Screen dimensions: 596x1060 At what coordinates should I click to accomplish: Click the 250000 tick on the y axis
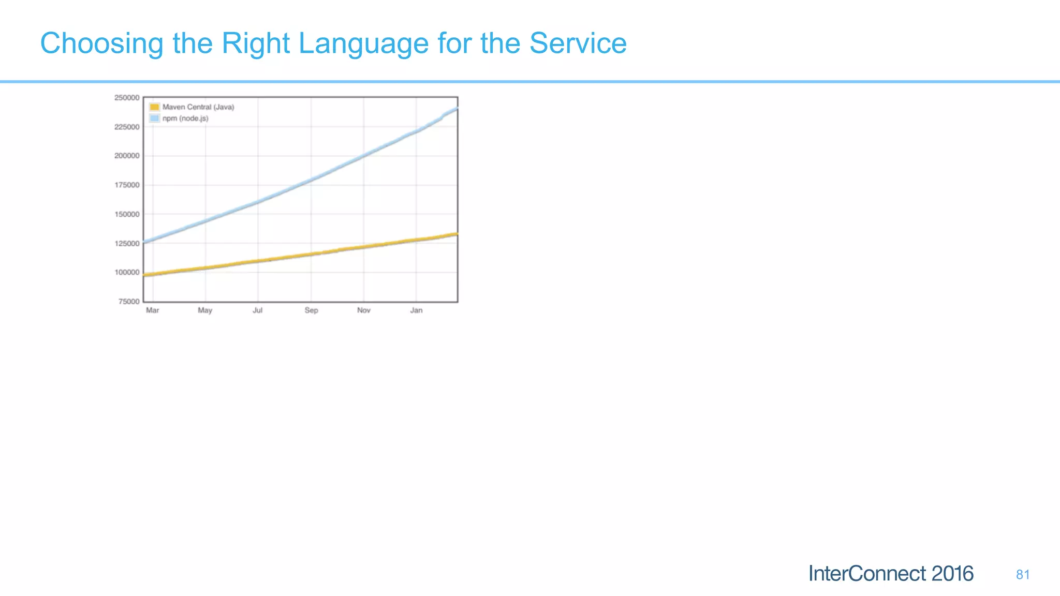127,98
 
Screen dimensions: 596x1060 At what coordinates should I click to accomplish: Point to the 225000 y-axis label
127,127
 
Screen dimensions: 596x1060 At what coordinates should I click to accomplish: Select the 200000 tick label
127,156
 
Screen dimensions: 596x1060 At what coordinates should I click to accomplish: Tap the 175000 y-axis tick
127,185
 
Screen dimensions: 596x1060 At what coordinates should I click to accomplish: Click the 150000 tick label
127,214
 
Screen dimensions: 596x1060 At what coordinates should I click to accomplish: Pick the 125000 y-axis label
127,244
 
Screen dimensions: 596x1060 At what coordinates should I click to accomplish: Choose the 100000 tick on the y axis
127,273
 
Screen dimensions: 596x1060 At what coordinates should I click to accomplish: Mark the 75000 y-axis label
129,302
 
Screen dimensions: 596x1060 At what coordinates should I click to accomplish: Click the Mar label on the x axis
153,310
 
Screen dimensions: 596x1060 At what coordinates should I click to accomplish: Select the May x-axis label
205,310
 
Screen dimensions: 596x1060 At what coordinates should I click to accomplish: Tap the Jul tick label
257,310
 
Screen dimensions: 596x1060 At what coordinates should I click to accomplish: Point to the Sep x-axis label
311,310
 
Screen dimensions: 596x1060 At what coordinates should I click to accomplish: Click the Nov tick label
364,310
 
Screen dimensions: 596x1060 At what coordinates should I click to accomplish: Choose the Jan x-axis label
416,310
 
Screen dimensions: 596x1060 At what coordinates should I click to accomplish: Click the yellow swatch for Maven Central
154,107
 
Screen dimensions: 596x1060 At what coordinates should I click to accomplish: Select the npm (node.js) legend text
185,118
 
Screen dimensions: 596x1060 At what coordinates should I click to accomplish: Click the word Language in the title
363,43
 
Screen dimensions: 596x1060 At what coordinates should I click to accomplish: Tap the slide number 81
1023,575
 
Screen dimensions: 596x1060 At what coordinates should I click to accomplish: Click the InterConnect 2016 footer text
891,574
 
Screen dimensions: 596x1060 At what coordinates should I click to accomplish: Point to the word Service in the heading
578,43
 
